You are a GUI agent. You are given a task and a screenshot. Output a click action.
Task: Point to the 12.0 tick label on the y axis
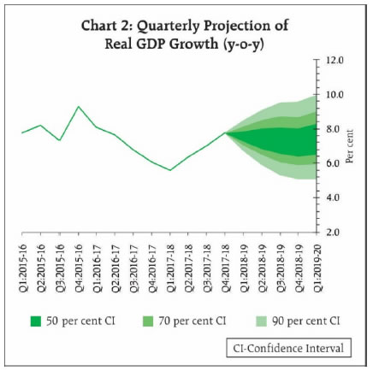click(333, 61)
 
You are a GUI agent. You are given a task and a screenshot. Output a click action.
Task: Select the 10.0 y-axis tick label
click(333, 95)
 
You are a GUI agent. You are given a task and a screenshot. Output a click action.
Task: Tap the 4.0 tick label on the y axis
click(333, 197)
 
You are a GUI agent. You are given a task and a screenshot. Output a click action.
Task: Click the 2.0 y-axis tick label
click(333, 232)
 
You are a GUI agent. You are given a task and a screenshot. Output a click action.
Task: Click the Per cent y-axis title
click(350, 146)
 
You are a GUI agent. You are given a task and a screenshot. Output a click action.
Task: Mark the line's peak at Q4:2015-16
click(79, 107)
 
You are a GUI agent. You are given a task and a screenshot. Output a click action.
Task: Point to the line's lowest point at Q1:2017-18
click(170, 170)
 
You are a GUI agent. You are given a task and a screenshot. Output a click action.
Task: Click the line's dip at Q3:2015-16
click(60, 140)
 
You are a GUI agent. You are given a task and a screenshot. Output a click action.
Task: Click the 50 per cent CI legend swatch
click(36, 321)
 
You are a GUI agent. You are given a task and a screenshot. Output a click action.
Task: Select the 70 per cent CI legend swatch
click(148, 321)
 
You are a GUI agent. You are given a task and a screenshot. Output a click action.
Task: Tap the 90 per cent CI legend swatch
click(261, 321)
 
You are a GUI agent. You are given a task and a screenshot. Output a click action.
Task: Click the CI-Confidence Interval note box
click(288, 348)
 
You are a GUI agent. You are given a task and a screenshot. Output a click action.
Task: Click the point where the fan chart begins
click(225, 132)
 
